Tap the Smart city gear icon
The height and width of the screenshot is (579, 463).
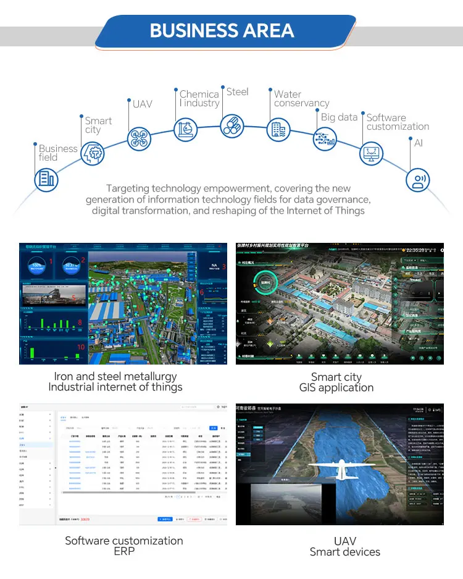pos(93,153)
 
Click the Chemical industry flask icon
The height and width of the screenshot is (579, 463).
pos(185,130)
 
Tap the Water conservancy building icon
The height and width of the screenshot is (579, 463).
pos(278,130)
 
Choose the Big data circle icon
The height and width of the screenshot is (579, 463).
pos(325,138)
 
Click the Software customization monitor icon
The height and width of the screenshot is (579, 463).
pos(371,153)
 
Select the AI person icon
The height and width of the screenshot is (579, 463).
pos(417,180)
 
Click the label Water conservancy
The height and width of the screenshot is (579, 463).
pos(301,99)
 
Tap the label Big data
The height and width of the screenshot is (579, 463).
pos(339,117)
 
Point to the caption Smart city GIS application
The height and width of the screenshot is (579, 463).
pos(336,382)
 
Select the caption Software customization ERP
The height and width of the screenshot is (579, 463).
pos(124,546)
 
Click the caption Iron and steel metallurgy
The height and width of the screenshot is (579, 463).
pos(115,376)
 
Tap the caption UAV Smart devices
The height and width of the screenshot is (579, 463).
pos(344,546)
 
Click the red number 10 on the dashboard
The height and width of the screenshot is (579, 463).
pos(80,347)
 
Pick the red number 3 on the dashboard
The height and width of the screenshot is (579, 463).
pos(224,267)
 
